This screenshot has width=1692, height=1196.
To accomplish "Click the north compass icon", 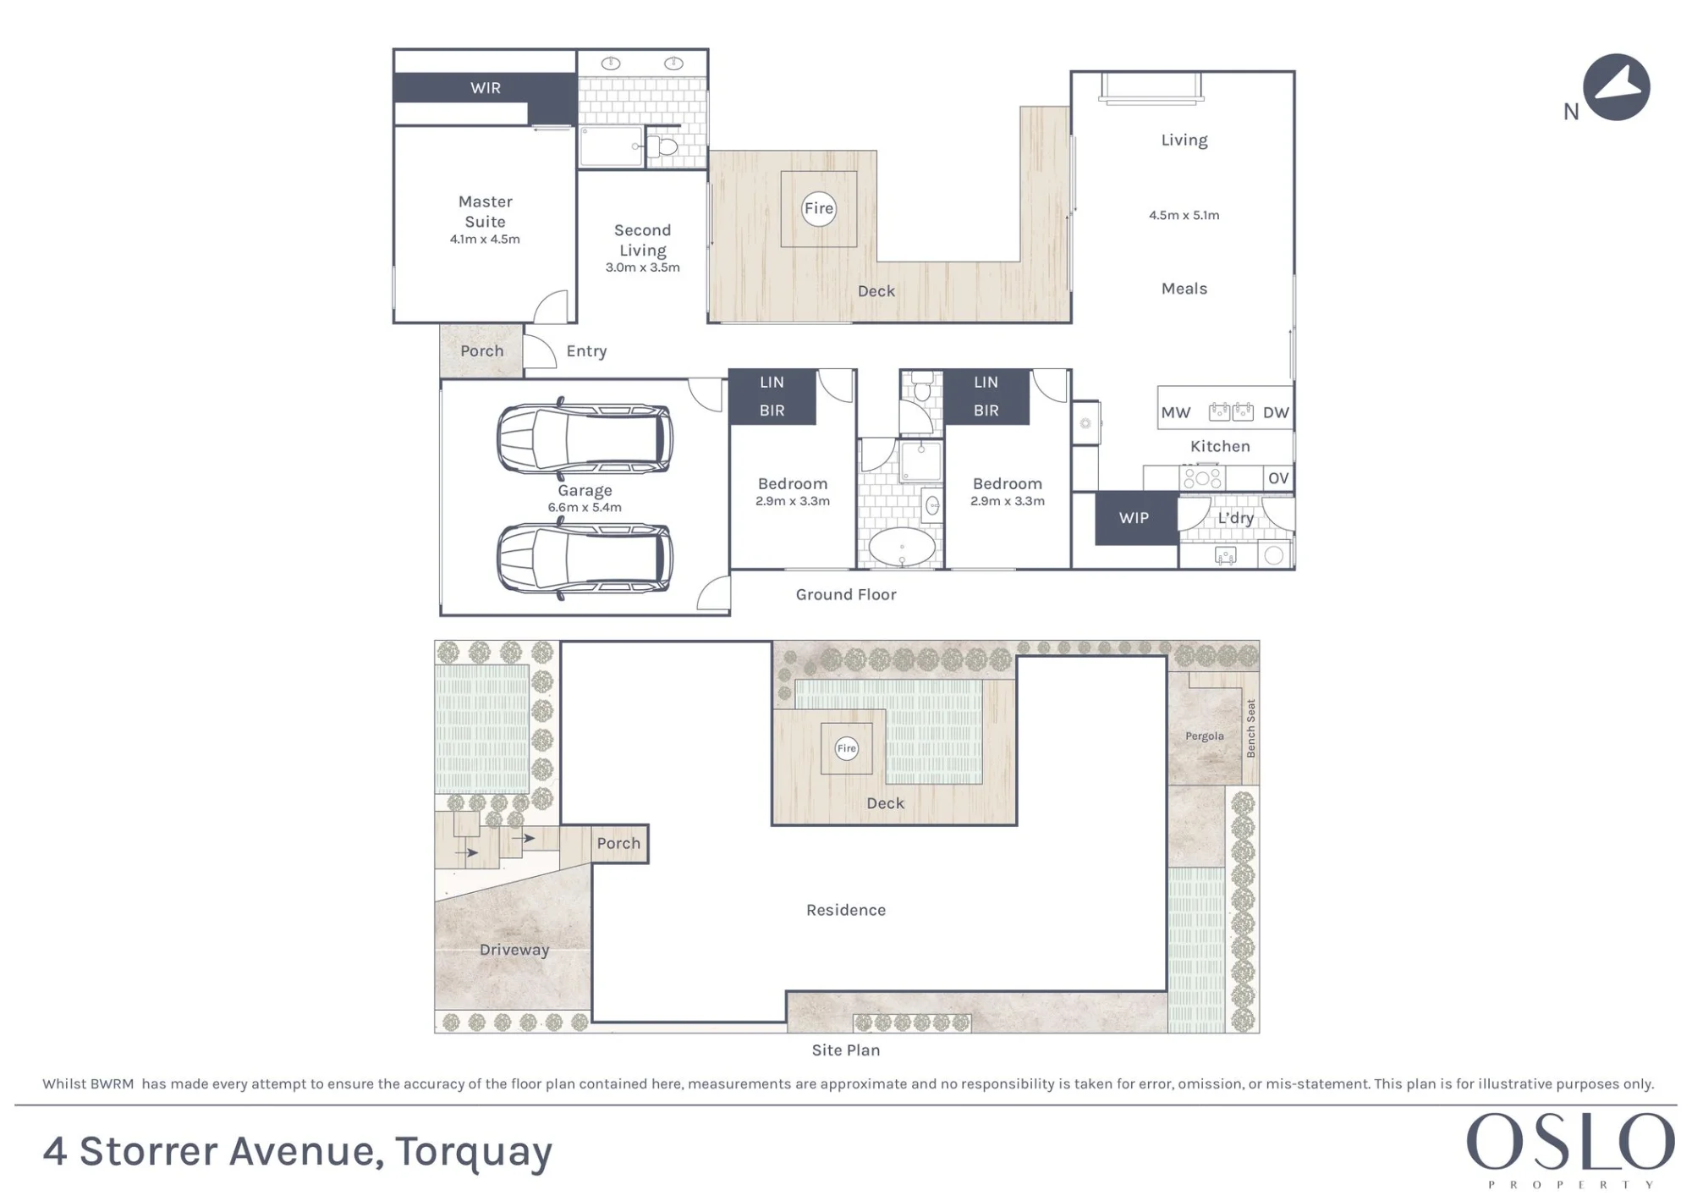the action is pyautogui.click(x=1616, y=87).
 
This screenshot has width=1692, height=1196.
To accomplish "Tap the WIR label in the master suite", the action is pyautogui.click(x=486, y=88).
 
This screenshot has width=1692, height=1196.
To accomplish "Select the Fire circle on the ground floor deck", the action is pyautogui.click(x=818, y=208).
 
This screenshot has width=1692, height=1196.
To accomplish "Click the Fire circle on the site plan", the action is pyautogui.click(x=846, y=748).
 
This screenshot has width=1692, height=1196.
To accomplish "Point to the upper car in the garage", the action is pyautogui.click(x=585, y=438).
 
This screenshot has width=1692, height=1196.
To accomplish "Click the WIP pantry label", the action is pyautogui.click(x=1134, y=518).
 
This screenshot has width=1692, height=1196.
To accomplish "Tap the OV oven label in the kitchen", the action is pyautogui.click(x=1278, y=478).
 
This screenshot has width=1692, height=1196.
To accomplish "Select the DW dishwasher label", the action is pyautogui.click(x=1276, y=413).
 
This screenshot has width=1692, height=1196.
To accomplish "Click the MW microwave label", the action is pyautogui.click(x=1176, y=413).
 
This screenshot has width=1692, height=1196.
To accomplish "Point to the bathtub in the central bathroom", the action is pyautogui.click(x=903, y=547).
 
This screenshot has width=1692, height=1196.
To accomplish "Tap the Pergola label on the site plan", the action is pyautogui.click(x=1205, y=736).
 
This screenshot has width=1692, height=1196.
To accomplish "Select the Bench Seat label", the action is pyautogui.click(x=1251, y=728).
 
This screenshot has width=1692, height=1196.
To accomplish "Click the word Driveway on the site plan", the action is pyautogui.click(x=514, y=950).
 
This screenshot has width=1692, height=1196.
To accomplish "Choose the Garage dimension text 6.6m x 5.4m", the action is pyautogui.click(x=585, y=508).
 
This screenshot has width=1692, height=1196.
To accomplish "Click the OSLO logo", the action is pyautogui.click(x=1570, y=1149).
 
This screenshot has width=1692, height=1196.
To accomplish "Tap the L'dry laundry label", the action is pyautogui.click(x=1235, y=518).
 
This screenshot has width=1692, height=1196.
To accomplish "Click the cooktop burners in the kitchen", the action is pyautogui.click(x=1202, y=479).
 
